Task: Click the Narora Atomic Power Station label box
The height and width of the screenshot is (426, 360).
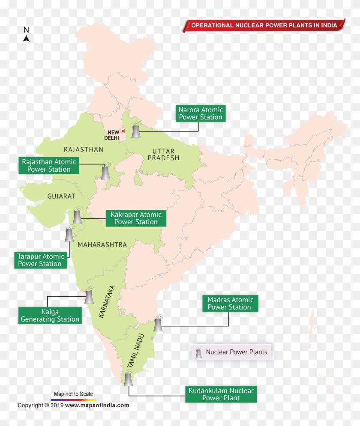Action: [x=201, y=113]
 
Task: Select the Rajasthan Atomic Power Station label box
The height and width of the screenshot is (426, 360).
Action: [x=49, y=166]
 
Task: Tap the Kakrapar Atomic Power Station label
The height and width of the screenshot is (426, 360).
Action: [x=136, y=218]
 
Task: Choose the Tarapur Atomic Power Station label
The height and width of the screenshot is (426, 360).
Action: [x=40, y=260]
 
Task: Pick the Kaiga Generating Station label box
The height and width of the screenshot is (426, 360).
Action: [x=50, y=316]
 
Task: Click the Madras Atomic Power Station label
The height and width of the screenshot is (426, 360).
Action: [x=230, y=304]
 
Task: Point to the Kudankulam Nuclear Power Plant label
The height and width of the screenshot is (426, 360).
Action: [x=221, y=394]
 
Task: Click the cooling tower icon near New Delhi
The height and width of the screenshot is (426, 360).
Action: [x=136, y=131]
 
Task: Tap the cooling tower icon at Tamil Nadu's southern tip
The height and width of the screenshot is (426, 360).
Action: [x=128, y=379]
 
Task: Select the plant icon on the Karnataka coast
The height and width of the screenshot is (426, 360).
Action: [x=89, y=296]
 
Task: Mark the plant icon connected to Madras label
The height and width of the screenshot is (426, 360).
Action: [x=158, y=324]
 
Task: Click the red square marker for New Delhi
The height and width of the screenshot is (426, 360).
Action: [x=123, y=131]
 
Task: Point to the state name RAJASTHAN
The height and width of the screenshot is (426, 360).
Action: [x=84, y=149]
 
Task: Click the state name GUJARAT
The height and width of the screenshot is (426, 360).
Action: [x=61, y=197]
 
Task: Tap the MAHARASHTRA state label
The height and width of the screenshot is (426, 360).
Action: [x=102, y=245]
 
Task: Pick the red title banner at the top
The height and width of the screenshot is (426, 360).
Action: [x=264, y=25]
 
